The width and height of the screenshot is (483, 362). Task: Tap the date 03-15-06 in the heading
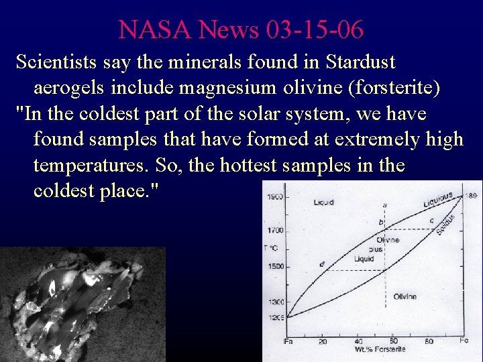pos(315,29)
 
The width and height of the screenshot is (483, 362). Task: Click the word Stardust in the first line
pos(360,62)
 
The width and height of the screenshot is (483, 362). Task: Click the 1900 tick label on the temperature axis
pos(274,197)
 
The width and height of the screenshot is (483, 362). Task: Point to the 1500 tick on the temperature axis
pos(274,267)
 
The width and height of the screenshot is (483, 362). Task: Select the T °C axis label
pos(272,247)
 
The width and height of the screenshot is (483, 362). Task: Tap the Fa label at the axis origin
pos(288,341)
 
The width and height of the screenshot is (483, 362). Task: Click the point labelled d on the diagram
pos(322,264)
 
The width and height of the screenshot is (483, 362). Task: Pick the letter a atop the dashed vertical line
pos(384,206)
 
